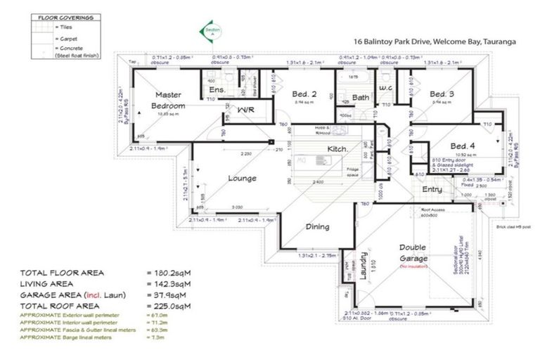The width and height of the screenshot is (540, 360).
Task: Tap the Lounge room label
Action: [242, 179]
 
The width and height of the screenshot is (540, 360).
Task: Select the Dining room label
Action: [317, 226]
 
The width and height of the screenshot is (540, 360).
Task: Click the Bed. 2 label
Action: [304, 94]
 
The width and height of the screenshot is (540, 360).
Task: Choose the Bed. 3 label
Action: [444, 94]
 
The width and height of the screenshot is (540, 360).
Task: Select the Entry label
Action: [431, 190]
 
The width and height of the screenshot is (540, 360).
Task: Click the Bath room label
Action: [361, 98]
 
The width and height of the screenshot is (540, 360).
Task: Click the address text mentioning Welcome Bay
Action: [436, 41]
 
